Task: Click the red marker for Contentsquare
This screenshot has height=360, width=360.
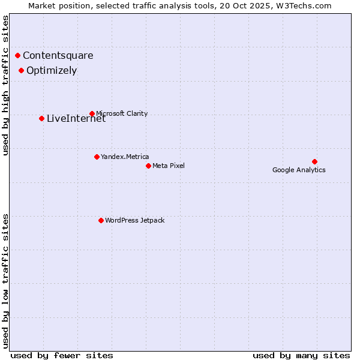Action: point(18,56)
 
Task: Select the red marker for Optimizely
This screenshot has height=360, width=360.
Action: point(22,70)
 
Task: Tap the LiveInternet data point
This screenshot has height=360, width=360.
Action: point(41,118)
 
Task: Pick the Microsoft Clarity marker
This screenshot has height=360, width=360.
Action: point(92,113)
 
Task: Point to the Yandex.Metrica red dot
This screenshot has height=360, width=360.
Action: point(97,157)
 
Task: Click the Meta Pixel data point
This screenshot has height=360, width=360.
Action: point(148,166)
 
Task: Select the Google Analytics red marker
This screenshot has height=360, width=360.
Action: point(314,161)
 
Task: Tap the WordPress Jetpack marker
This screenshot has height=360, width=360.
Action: point(101,220)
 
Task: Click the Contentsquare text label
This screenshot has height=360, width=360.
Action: point(58,56)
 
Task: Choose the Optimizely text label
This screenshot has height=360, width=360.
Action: point(52,70)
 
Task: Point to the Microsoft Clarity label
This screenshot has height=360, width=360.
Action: point(122,113)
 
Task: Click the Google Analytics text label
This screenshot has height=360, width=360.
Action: point(299,170)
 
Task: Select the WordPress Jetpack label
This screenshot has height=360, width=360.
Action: point(134,220)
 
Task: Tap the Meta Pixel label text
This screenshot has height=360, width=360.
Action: point(169,166)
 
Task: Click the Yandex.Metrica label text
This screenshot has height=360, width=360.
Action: point(125,157)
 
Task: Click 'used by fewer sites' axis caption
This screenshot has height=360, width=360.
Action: point(62,355)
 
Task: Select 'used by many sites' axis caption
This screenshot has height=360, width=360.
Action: point(301,355)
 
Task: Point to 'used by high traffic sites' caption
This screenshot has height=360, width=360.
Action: point(6,85)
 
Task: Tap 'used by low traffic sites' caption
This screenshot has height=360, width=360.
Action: point(6,280)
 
